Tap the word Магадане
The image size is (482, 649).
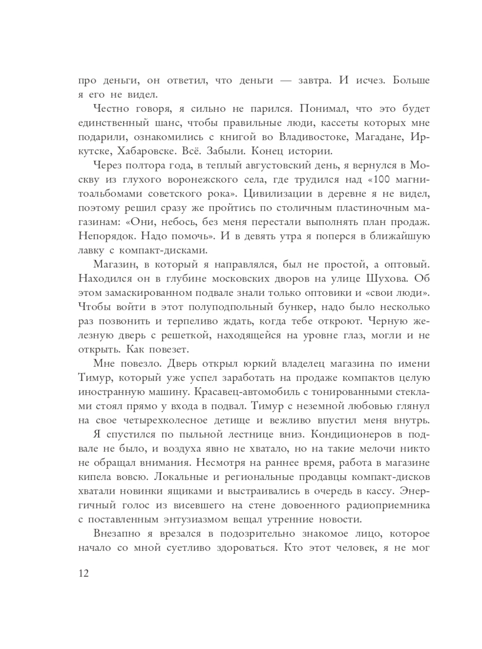(x=379, y=137)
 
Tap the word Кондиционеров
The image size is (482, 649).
(x=353, y=434)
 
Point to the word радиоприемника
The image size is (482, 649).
(x=388, y=505)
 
